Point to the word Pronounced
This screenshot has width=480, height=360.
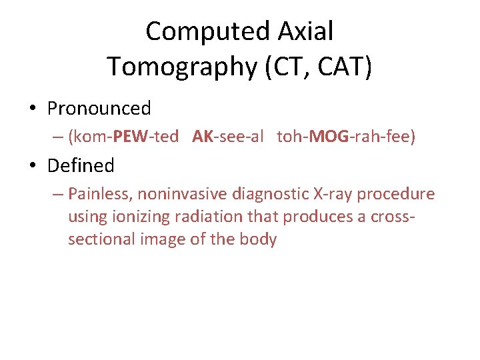(99, 108)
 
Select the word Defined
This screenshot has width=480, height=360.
(81, 165)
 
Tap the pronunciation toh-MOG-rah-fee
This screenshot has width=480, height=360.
(346, 137)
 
